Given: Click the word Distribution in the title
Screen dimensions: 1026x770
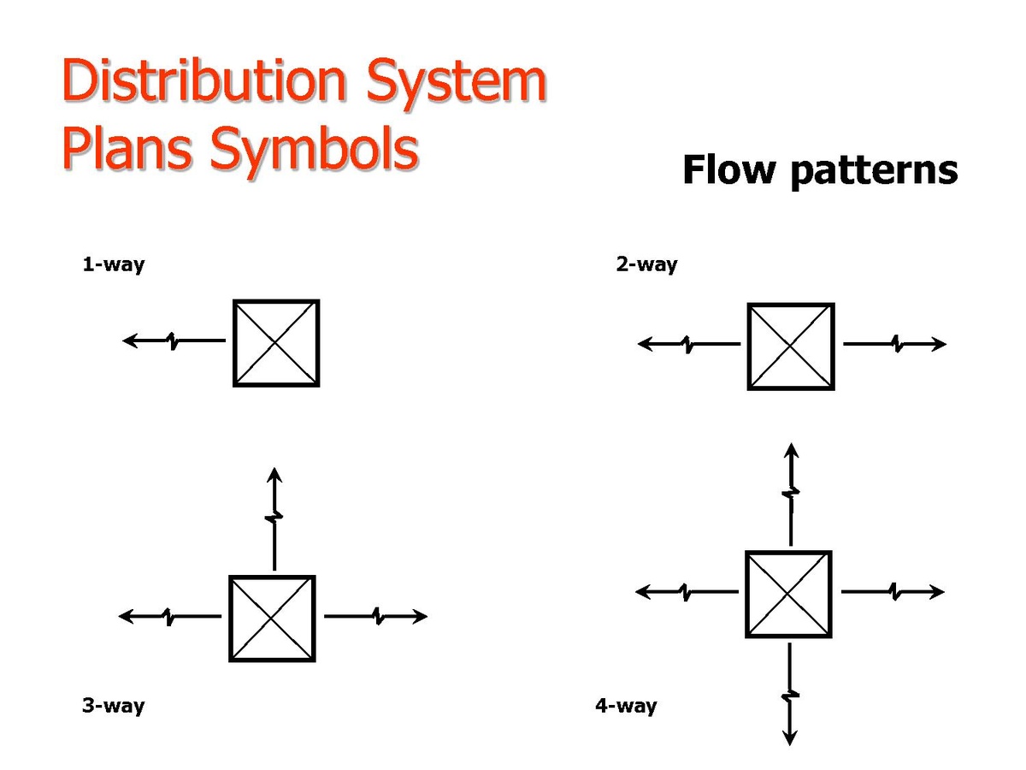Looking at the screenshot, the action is [204, 80].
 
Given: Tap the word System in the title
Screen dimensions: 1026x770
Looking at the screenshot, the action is [457, 85].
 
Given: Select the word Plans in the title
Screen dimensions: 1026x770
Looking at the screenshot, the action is [127, 148].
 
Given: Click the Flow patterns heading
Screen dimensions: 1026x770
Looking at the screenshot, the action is [820, 172].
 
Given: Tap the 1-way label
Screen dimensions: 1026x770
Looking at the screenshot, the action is [114, 265].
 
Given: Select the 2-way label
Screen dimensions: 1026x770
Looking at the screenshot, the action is [646, 265].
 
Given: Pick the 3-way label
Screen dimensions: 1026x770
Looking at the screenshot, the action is [114, 706].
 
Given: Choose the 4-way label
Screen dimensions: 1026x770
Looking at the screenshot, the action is [627, 706].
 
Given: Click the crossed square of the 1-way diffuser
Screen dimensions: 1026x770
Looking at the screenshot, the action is [276, 343].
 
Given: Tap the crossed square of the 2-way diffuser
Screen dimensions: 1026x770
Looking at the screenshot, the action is [791, 346].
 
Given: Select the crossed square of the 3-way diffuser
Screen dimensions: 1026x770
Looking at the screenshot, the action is [272, 619].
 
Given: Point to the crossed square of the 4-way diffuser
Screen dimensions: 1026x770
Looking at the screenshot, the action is [788, 595].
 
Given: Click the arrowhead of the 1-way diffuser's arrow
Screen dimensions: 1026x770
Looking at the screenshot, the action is [130, 341].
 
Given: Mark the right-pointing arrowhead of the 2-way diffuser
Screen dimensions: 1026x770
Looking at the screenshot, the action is [939, 344].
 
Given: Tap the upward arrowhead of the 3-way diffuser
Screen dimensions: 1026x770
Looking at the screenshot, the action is [274, 475].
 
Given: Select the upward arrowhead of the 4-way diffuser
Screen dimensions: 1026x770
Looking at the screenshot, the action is [791, 450].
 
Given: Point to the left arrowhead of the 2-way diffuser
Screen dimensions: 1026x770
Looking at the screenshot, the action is [646, 344].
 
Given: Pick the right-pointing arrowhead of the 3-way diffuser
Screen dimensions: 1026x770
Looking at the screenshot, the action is [419, 616].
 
